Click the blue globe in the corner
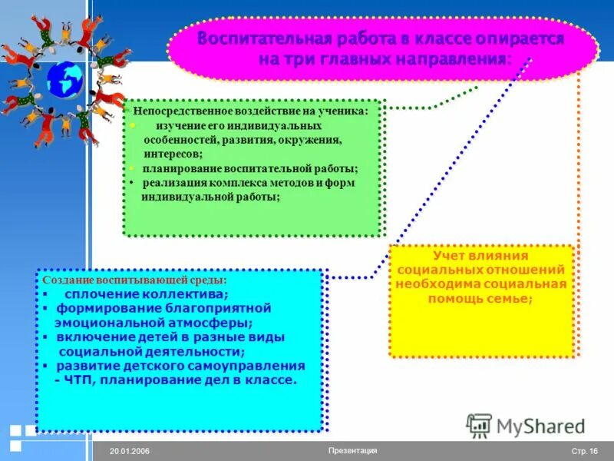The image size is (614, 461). pos(64,79)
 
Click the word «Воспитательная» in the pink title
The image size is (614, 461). pos(263,39)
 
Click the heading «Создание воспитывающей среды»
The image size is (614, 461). pos(134,281)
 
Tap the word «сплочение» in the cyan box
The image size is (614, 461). pos(98,294)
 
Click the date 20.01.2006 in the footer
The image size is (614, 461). pos(129,452)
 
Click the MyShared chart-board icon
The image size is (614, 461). pos(480,425)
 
